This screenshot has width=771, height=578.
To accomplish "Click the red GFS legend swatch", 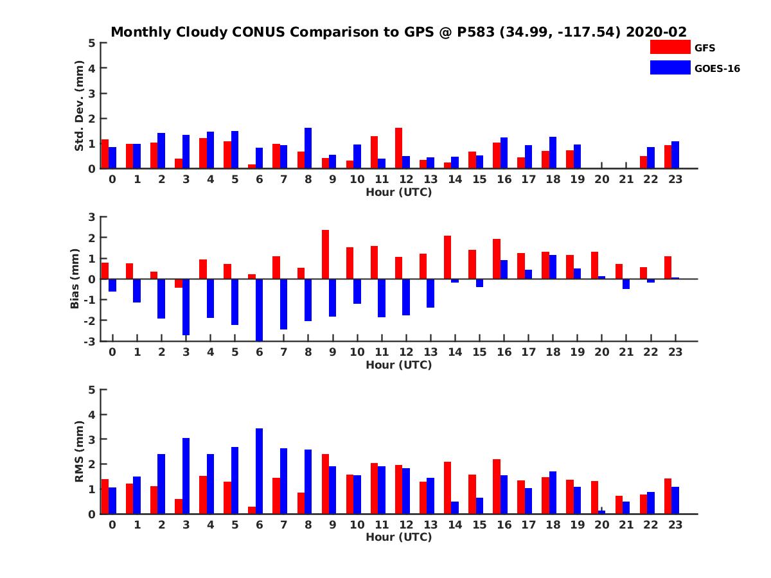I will [669, 47].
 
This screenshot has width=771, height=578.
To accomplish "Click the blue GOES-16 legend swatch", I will [669, 67].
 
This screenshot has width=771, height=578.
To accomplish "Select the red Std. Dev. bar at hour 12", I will [398, 148].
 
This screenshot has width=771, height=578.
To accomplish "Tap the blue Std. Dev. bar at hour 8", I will [308, 148].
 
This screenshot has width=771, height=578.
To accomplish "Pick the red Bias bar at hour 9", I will [325, 254].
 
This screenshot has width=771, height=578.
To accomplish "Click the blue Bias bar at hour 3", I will [186, 307].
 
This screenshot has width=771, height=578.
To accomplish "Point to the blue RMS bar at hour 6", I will [259, 471].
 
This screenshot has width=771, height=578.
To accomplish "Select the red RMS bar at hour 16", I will [497, 486].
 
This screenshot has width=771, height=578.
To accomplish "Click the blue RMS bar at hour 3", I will [186, 476].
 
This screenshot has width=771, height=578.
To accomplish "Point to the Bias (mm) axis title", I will [75, 279].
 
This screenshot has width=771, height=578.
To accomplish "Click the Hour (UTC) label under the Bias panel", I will [398, 365].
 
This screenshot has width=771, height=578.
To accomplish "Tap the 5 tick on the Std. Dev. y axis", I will [93, 43].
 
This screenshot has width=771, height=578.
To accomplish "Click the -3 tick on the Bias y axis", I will [90, 341].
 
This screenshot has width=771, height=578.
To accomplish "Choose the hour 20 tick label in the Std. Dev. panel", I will [601, 179].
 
